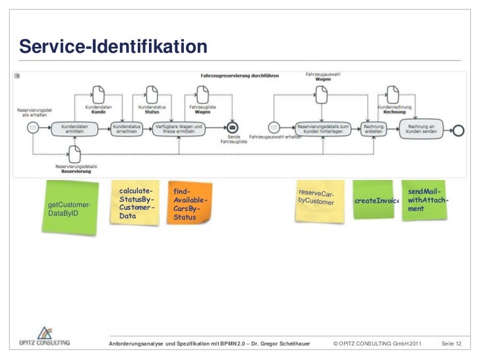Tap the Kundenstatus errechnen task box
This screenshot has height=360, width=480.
tap(127, 129)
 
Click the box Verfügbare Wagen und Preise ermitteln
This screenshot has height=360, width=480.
tap(179, 129)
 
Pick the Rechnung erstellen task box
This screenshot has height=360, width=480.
tap(374, 129)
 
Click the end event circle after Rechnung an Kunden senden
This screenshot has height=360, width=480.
tap(459, 129)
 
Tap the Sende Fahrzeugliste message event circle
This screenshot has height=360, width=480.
tap(232, 129)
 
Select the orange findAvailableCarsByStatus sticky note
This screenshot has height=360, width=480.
tap(189, 203)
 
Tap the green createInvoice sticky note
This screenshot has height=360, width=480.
tap(375, 200)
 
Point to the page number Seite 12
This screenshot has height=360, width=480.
tap(451, 345)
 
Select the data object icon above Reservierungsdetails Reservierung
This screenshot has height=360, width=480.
tap(77, 154)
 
